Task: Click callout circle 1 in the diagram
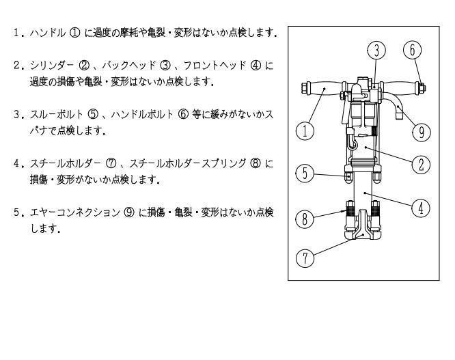(x=305, y=131)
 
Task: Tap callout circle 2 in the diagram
(x=422, y=165)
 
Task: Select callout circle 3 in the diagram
(x=376, y=50)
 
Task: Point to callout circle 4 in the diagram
(x=421, y=208)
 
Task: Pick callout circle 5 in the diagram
(x=305, y=174)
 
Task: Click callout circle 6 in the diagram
(x=413, y=50)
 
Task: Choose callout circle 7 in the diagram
(x=305, y=258)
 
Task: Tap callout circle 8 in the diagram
(x=305, y=219)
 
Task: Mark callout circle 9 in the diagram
(x=422, y=133)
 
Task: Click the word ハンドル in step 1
(x=48, y=33)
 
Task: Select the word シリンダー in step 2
(x=52, y=66)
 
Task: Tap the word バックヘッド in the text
(x=129, y=66)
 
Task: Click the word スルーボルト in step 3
(x=57, y=114)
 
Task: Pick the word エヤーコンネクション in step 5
(x=75, y=212)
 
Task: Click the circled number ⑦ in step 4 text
(x=111, y=164)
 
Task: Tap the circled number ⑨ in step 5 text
(x=129, y=212)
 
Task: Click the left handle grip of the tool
(x=323, y=89)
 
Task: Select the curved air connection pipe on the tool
(x=395, y=107)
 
